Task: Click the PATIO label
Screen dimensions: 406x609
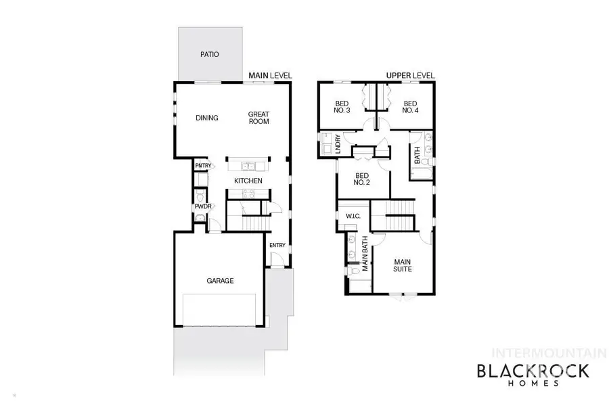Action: (x=210, y=54)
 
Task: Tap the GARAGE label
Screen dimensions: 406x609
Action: (x=220, y=281)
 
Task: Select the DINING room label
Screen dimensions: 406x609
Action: (x=207, y=118)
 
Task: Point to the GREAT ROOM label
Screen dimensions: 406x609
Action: (x=258, y=118)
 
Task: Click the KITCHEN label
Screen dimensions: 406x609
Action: (x=248, y=181)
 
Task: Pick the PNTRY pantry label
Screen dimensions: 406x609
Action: (x=203, y=166)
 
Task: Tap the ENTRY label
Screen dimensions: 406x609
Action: (x=277, y=245)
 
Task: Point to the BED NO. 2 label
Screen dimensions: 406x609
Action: (x=362, y=179)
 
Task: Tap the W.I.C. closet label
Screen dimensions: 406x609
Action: (x=352, y=217)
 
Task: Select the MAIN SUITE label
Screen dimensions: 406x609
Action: (x=403, y=265)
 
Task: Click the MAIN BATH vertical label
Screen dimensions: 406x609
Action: (x=365, y=254)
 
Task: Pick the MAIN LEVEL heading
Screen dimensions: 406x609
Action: (x=270, y=75)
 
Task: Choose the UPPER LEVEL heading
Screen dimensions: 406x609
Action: (x=410, y=75)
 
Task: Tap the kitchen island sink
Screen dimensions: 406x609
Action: (x=248, y=166)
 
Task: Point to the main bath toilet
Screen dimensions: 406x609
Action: (x=355, y=272)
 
